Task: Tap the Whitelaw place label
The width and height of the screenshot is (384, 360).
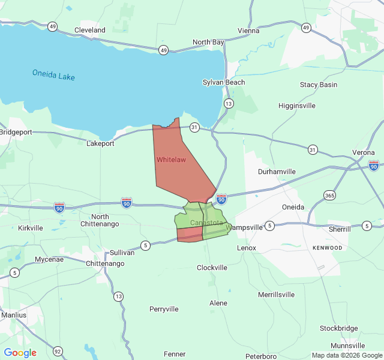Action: [x=171, y=160]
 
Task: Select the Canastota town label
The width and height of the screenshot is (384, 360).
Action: [x=206, y=223]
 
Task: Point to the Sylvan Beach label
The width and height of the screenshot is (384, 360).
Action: [x=224, y=82]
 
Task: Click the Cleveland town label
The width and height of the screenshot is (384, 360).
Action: [x=89, y=30]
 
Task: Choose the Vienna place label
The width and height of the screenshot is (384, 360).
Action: [x=248, y=31]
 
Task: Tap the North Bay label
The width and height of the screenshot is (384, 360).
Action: [x=208, y=42]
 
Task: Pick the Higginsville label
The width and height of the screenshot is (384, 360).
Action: [x=297, y=106]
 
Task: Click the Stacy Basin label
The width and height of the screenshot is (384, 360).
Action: [x=319, y=85]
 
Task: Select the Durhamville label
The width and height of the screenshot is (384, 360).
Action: [x=277, y=172]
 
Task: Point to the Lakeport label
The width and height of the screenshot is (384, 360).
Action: [x=100, y=144]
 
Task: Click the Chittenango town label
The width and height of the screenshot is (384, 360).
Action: [x=106, y=263]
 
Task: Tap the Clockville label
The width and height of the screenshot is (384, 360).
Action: [x=212, y=268]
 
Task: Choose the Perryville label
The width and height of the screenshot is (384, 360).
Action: [x=164, y=309]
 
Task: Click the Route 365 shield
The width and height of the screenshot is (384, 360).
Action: [x=329, y=196]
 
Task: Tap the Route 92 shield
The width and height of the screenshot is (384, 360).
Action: [x=58, y=351]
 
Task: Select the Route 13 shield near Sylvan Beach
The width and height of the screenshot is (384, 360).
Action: [x=229, y=104]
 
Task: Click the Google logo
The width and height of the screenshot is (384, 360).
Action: [x=20, y=353]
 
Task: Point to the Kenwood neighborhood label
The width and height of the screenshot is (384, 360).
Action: [x=327, y=248]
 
